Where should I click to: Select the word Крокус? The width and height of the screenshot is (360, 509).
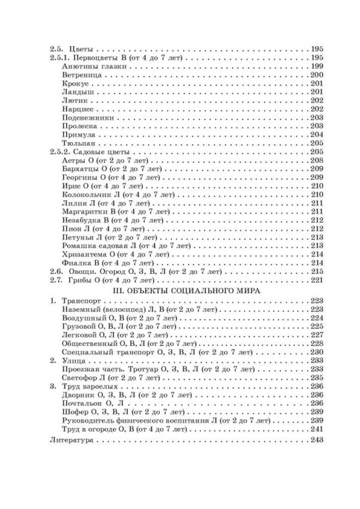click(73, 83)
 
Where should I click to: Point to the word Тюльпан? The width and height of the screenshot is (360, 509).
click(76, 144)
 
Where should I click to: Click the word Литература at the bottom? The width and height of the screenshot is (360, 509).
click(69, 441)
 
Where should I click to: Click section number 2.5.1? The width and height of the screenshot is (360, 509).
click(58, 57)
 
